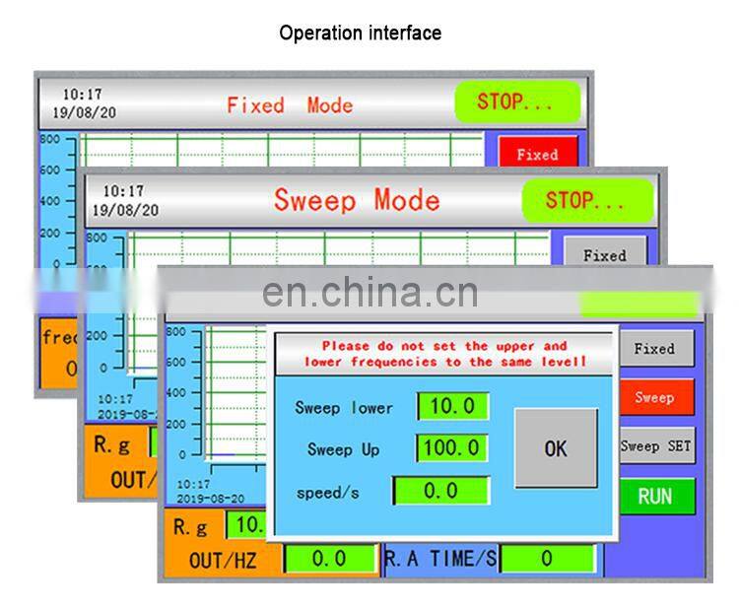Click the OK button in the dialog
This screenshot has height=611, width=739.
click(x=556, y=448)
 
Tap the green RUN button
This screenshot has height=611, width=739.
click(x=655, y=497)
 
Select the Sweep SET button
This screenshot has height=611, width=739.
click(x=655, y=446)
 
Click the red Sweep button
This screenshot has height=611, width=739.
click(x=655, y=397)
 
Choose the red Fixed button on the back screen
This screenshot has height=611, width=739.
click(x=537, y=155)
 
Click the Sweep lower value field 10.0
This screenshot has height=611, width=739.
click(x=453, y=407)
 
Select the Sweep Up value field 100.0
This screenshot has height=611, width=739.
click(x=453, y=448)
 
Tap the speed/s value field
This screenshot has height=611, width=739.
click(x=441, y=491)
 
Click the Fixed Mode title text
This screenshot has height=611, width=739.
click(x=290, y=104)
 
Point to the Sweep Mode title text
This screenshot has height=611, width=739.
click(x=357, y=200)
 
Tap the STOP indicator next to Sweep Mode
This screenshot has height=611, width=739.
click(x=585, y=201)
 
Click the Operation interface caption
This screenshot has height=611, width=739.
click(x=360, y=33)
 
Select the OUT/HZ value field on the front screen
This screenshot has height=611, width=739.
click(x=329, y=559)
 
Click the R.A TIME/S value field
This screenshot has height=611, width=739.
click(x=547, y=559)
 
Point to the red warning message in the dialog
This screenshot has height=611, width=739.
click(x=444, y=354)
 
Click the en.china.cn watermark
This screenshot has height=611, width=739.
click(x=369, y=293)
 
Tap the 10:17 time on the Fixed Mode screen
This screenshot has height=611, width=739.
click(x=82, y=95)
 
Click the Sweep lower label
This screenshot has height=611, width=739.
click(x=344, y=408)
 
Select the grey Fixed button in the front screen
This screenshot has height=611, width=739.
click(x=654, y=349)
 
